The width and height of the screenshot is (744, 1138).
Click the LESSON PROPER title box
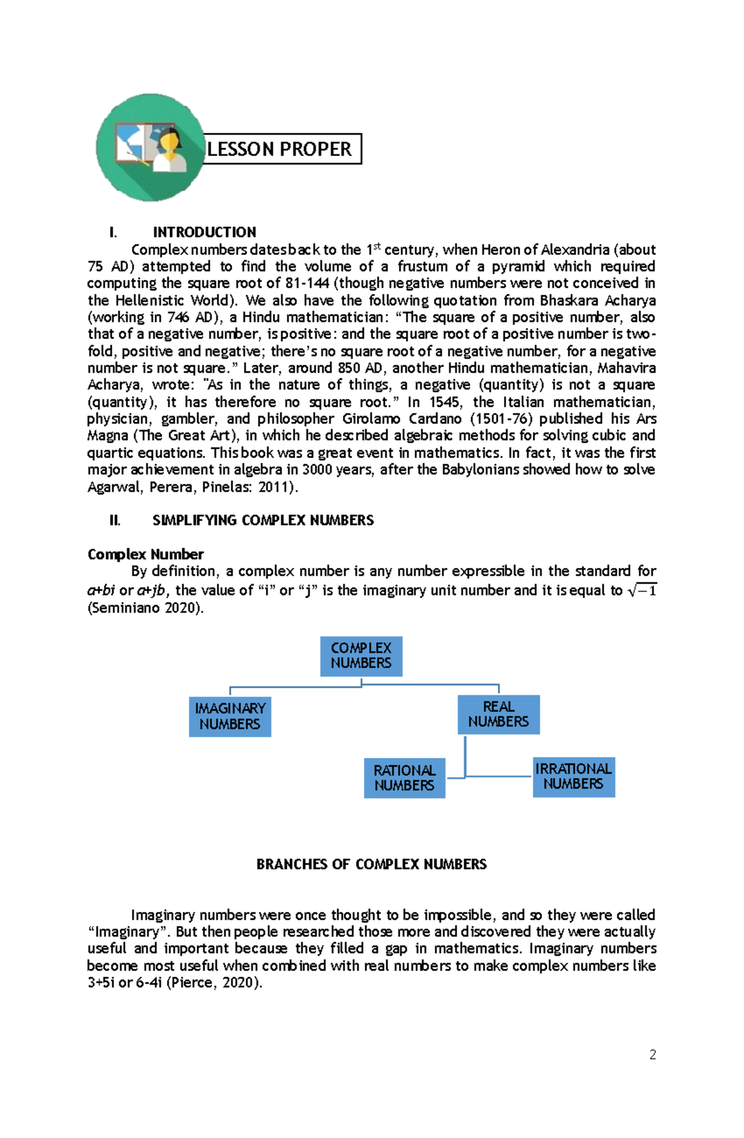(282, 149)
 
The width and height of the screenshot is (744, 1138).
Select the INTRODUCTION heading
(204, 233)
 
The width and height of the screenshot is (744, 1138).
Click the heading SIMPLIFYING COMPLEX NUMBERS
(263, 520)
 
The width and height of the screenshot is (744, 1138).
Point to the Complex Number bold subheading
(145, 554)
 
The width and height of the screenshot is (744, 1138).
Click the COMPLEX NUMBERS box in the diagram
(361, 656)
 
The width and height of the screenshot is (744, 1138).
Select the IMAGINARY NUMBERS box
(230, 716)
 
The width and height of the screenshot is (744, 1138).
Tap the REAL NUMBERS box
(498, 714)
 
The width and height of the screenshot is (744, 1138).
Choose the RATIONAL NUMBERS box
(404, 778)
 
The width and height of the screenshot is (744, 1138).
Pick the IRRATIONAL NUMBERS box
(573, 776)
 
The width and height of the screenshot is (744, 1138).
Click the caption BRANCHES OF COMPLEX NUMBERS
(371, 865)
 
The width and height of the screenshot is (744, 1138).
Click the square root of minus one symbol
(642, 590)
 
